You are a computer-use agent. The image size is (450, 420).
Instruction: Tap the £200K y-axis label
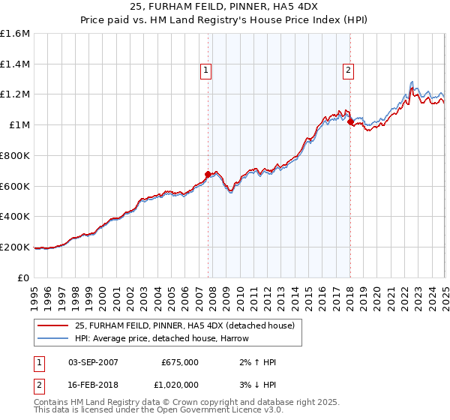pos(15,247)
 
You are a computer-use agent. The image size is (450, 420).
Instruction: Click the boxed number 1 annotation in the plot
pos(205,71)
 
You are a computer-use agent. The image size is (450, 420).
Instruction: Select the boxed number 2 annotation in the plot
pos(349,71)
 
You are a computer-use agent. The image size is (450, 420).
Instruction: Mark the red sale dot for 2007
pos(208,175)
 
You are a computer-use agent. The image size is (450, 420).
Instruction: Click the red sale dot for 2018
pos(350,121)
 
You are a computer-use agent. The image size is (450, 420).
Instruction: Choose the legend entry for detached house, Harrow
pos(162,338)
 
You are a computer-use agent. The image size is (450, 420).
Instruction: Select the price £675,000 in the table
pos(180,362)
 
